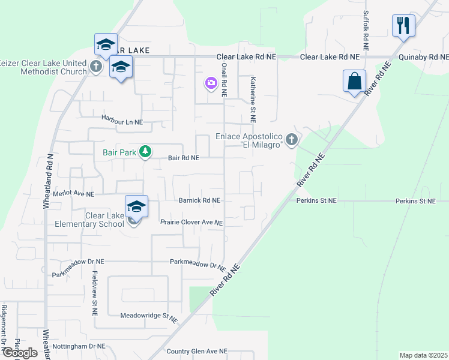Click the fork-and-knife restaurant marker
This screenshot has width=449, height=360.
coord(403,26)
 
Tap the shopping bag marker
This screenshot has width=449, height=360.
coord(354,81)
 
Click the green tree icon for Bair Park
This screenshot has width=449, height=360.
coord(145,152)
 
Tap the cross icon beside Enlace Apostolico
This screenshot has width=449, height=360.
coord(292,140)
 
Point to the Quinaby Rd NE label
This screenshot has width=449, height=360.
coord(424,57)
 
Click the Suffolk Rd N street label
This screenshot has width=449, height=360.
coord(365,30)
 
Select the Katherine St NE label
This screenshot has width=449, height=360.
coord(253,99)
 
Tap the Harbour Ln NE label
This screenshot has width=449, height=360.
coord(122,121)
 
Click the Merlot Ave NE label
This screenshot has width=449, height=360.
coord(74,194)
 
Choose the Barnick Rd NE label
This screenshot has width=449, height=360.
coord(200,200)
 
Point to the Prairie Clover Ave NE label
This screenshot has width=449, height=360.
coord(191,223)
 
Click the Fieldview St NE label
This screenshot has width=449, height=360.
coord(94,292)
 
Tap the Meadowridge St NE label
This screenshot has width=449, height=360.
coord(150,316)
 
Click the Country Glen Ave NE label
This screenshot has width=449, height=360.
coord(197,351)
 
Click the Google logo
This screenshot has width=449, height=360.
coord(20,353)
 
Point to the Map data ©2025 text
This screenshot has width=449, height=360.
coord(423,355)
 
